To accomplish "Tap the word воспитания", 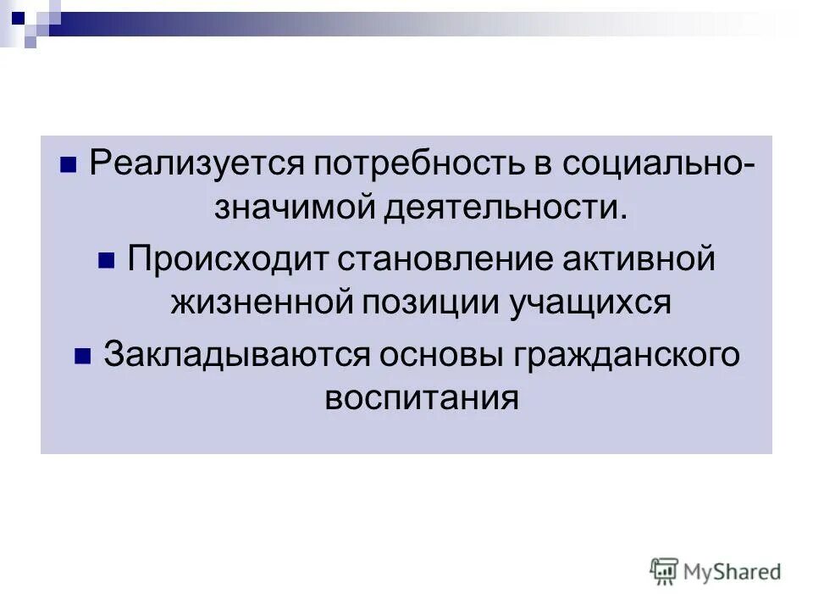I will (421, 398).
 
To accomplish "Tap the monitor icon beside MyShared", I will (665, 571).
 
